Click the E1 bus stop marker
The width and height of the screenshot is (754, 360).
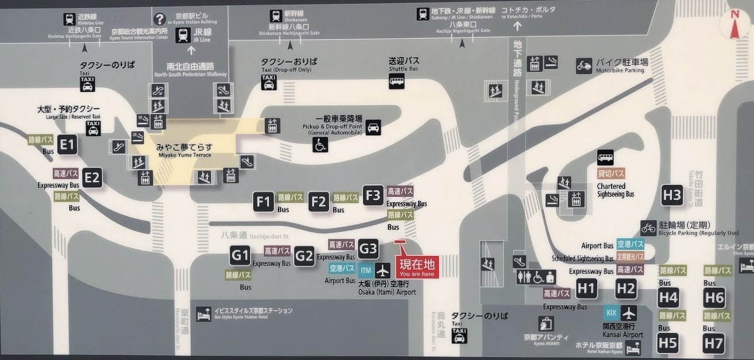click(67, 144)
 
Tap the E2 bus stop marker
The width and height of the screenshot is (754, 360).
click(92, 177)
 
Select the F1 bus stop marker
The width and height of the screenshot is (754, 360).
click(264, 202)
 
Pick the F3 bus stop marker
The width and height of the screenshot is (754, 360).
click(373, 195)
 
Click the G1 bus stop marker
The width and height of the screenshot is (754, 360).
click(240, 255)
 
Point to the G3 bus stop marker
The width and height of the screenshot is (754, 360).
click(368, 249)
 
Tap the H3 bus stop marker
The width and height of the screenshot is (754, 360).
click(672, 194)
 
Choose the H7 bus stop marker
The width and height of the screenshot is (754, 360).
click(714, 343)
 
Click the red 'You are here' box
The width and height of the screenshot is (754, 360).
click(417, 267)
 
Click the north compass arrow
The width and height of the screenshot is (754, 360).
click(735, 26)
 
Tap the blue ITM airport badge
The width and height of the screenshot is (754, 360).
click(366, 270)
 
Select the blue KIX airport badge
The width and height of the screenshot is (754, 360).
click(611, 313)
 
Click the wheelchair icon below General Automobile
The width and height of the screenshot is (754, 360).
click(320, 145)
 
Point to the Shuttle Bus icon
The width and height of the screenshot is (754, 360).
click(396, 81)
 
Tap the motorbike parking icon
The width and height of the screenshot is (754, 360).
click(584, 65)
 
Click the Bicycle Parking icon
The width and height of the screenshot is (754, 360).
click(648, 228)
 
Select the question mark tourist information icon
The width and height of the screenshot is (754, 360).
click(160, 20)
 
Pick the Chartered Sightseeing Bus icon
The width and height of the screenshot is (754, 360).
click(605, 157)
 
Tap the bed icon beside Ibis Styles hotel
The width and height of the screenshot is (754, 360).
click(203, 314)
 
